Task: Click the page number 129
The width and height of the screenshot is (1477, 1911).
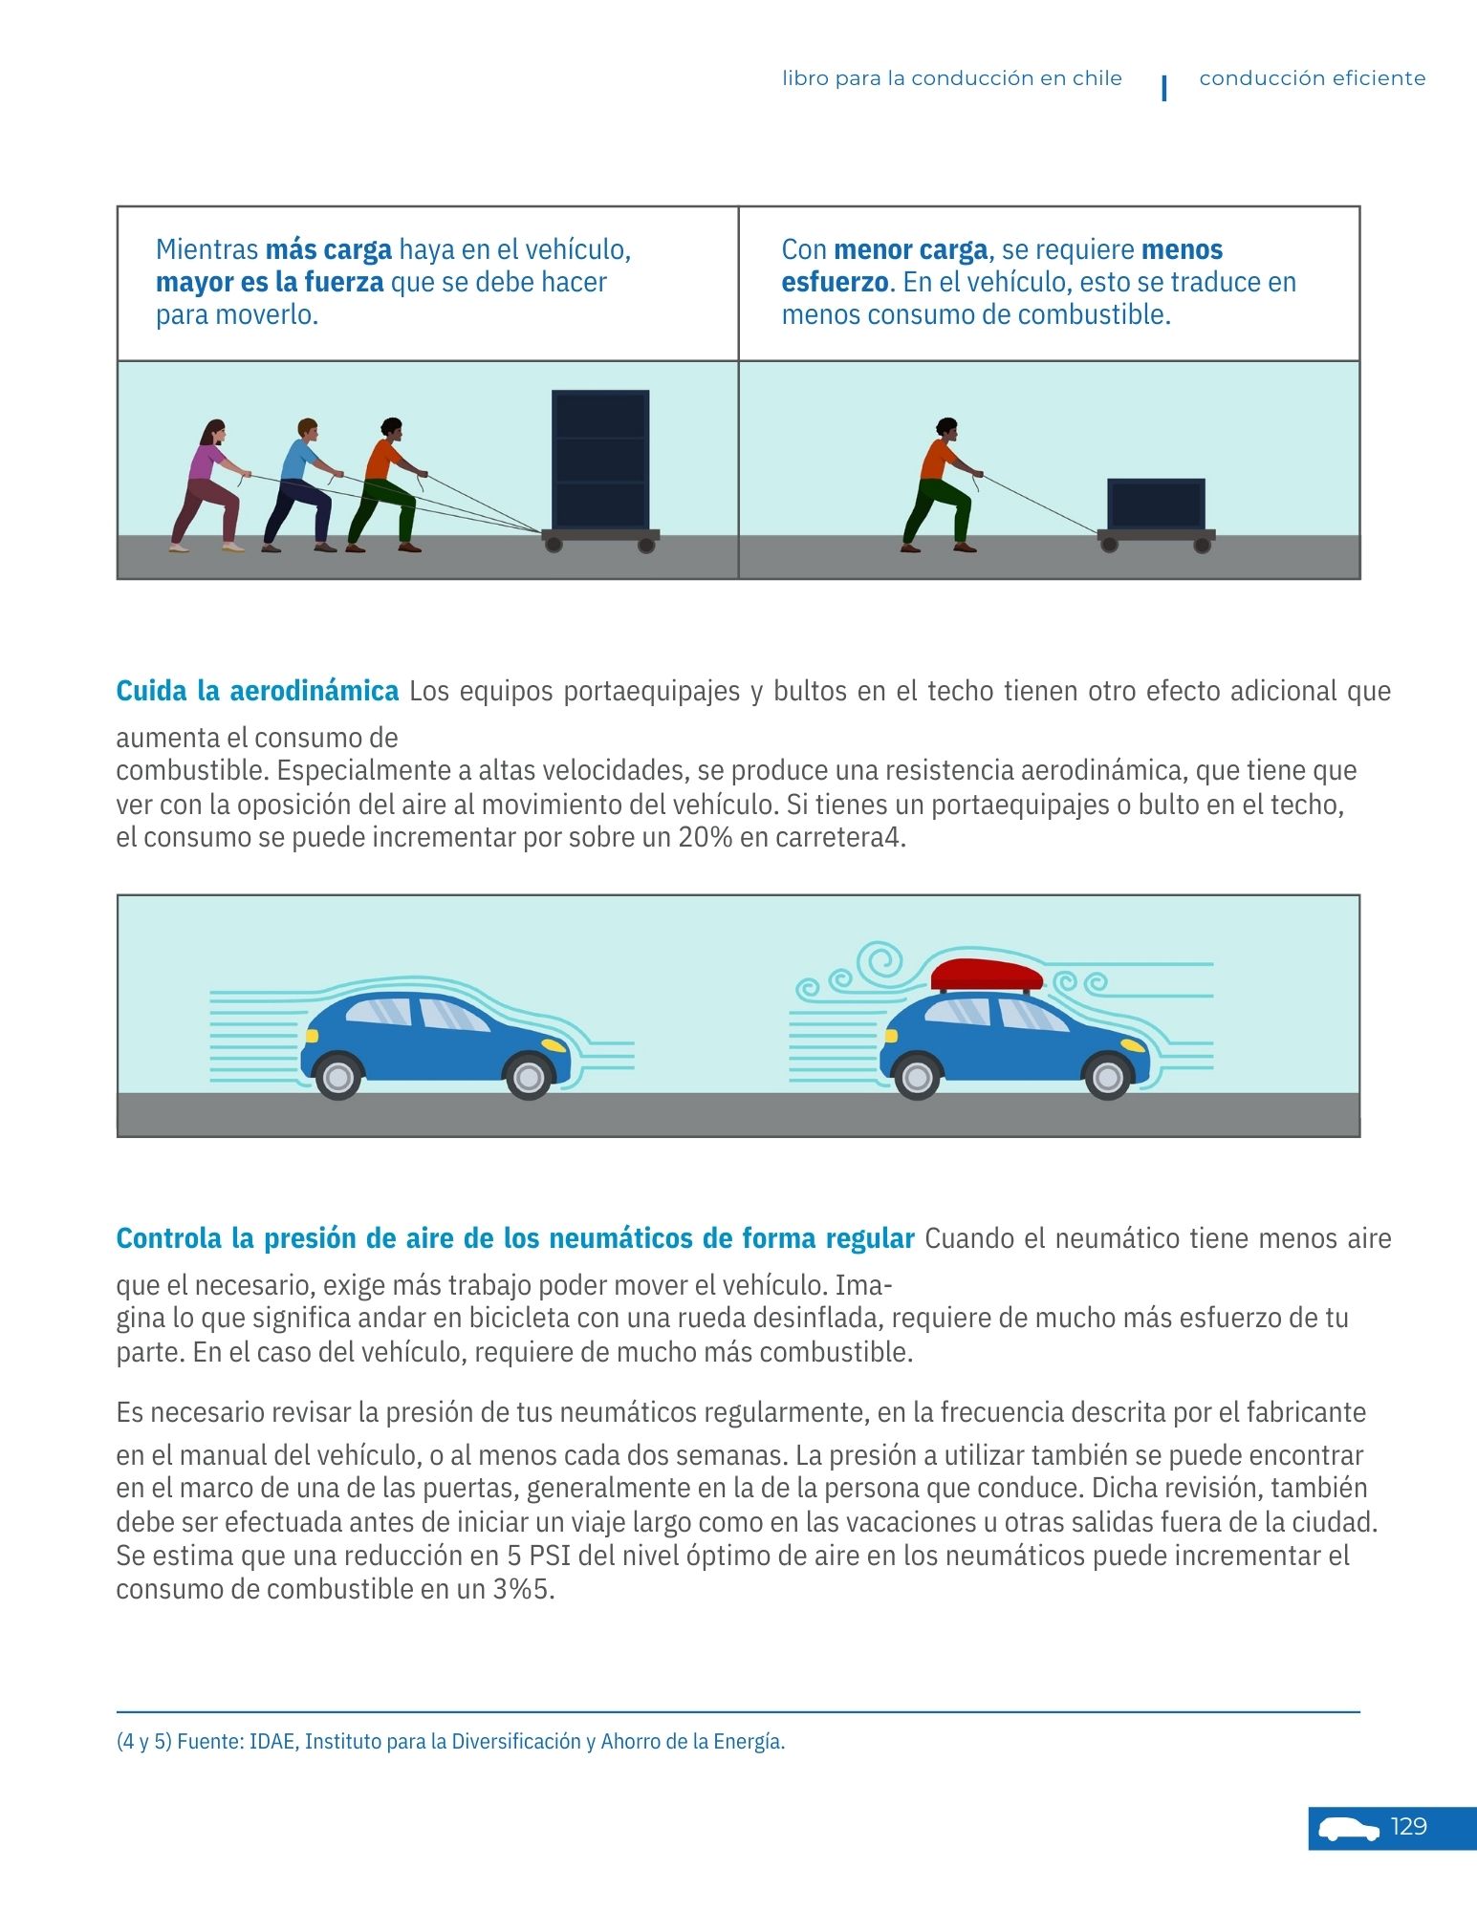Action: point(1408,1827)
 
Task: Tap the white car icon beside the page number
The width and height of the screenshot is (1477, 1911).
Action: point(1349,1829)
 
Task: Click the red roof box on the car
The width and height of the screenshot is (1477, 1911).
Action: point(987,976)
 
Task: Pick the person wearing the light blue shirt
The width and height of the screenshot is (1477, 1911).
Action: point(299,483)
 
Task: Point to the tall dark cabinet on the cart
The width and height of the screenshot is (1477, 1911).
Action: point(600,459)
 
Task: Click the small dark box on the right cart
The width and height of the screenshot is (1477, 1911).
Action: point(1156,504)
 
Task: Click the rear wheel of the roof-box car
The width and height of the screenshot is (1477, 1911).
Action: point(917,1077)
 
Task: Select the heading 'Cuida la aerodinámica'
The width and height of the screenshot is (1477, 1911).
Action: point(257,691)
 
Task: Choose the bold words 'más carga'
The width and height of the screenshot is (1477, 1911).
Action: point(328,250)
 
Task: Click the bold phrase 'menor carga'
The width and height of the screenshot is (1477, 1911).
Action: point(909,250)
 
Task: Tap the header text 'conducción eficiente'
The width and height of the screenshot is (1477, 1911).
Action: point(1312,78)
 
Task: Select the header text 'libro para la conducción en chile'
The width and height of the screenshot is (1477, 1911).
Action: point(952,78)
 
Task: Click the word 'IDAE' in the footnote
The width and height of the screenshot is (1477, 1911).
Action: point(272,1742)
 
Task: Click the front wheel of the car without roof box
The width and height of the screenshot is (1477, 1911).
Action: point(528,1077)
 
